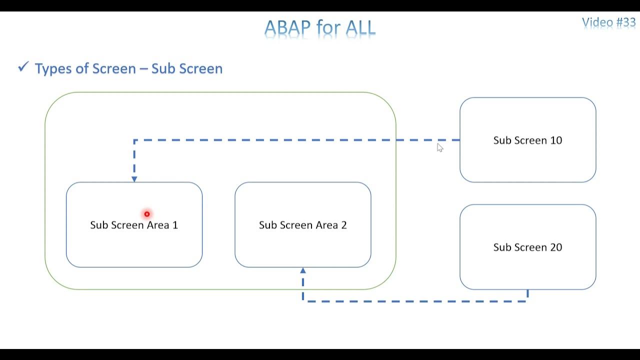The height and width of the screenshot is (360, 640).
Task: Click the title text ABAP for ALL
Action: click(319, 28)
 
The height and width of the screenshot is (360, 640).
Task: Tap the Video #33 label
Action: click(608, 22)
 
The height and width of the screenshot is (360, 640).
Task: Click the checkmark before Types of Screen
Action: click(23, 67)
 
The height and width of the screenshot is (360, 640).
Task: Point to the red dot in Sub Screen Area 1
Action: click(147, 214)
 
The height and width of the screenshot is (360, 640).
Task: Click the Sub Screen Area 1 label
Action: click(134, 225)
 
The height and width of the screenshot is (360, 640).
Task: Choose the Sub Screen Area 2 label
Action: click(302, 225)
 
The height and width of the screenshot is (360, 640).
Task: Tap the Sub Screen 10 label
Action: click(527, 140)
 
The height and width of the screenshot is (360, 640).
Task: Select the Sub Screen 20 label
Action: click(527, 247)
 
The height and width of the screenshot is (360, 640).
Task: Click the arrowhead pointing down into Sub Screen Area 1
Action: click(134, 178)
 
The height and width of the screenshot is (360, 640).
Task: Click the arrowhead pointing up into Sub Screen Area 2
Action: click(303, 271)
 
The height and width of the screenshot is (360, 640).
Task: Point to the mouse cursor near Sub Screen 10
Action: click(439, 146)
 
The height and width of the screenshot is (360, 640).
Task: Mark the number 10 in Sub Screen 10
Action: click(555, 140)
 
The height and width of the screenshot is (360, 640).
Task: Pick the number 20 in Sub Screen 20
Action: click(555, 247)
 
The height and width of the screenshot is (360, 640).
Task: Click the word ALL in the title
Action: click(359, 28)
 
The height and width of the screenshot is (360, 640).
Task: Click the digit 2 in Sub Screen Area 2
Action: click(343, 225)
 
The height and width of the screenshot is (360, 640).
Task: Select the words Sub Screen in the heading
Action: click(186, 68)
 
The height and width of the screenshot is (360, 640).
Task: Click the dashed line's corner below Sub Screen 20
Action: click(527, 301)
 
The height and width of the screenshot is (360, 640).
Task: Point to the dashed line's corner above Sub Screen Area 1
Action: click(134, 140)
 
